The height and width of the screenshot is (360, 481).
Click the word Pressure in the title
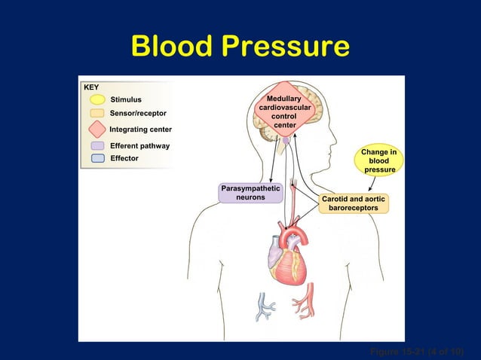tap(286, 46)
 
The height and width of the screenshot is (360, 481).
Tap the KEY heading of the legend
tap(91, 87)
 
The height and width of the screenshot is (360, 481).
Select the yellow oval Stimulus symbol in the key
tap(96, 99)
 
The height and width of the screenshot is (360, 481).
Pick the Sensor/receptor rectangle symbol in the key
tap(96, 114)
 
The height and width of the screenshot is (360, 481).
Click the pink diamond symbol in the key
tap(96, 130)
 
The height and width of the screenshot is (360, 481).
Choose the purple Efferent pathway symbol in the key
tap(96, 145)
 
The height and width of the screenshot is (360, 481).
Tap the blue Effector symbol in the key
tap(96, 158)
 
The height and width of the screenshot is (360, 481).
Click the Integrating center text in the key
tap(141, 130)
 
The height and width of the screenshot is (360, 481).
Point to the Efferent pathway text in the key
tap(139, 145)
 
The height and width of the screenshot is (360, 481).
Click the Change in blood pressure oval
tap(380, 161)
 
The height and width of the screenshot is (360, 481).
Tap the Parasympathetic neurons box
tap(250, 193)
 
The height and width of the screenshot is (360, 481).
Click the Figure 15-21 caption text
tap(415, 351)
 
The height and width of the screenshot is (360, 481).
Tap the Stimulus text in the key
tap(126, 99)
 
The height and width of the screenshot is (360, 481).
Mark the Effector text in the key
tap(124, 158)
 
